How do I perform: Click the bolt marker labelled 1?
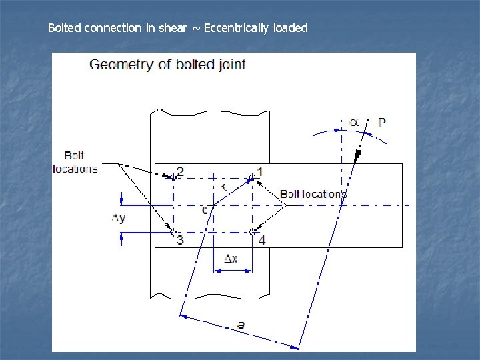(252, 177)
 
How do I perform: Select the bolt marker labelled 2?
(173, 177)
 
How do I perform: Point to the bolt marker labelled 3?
(173, 232)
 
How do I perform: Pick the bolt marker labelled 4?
(253, 232)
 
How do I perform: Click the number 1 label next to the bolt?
(260, 172)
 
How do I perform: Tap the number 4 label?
(262, 240)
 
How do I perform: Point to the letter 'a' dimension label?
(241, 325)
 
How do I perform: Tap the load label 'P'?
(381, 123)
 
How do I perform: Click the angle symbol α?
(354, 122)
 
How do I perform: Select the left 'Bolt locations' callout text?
(75, 163)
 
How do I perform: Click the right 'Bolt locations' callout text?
(313, 194)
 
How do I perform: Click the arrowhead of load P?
(358, 155)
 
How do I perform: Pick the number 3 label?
(180, 240)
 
